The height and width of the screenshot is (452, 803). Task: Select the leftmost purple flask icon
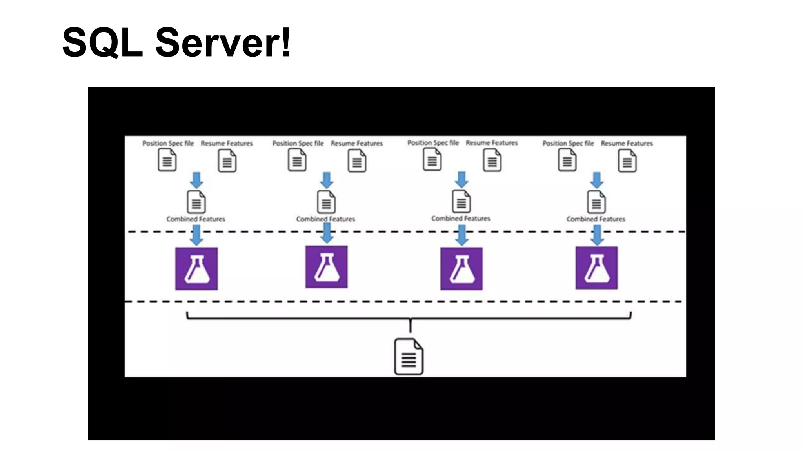tap(196, 269)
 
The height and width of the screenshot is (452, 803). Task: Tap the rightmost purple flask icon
tap(596, 268)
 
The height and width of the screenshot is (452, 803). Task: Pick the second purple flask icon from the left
tap(326, 267)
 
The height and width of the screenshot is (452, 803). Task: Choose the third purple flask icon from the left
tap(461, 269)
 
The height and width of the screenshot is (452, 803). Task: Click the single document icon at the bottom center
tap(409, 357)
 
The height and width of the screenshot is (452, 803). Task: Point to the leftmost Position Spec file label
tap(168, 144)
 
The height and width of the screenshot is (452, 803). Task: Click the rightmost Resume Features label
tap(627, 144)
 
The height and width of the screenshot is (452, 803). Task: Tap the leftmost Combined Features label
tap(196, 219)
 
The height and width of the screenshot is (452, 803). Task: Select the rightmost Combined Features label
tap(596, 219)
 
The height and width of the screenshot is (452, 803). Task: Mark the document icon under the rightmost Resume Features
tap(627, 161)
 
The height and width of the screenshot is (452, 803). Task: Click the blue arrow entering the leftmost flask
tap(196, 235)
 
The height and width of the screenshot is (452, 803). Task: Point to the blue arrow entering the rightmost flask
tap(597, 235)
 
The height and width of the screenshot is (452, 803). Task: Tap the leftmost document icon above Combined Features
tap(196, 202)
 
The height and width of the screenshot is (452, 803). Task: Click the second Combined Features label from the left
tap(325, 219)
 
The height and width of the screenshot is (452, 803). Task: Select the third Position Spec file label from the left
tap(433, 143)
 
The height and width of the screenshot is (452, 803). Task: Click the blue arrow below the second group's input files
tap(326, 180)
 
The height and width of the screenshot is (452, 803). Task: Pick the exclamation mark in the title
tap(285, 42)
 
